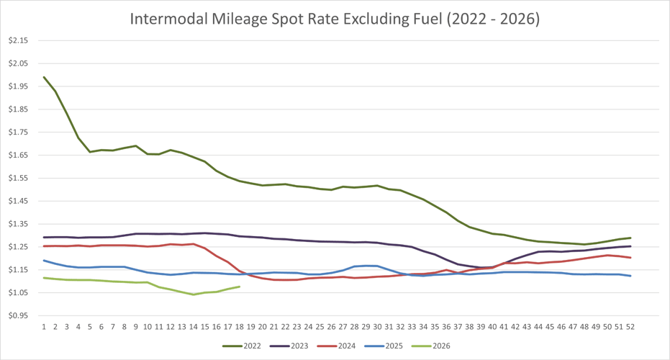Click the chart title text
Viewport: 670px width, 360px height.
point(335,19)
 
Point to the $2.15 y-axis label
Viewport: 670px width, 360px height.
point(18,40)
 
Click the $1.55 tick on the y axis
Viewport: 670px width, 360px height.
point(18,178)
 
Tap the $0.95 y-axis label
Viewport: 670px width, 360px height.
point(18,315)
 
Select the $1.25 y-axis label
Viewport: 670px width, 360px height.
point(18,247)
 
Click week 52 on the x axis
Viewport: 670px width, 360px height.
point(630,326)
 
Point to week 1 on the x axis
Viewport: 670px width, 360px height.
point(44,326)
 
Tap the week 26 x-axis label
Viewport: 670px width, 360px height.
point(331,326)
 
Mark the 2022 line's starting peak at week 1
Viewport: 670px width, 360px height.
point(44,77)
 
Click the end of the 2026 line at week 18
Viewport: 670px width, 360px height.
point(239,287)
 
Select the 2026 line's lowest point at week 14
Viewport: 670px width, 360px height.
point(193,294)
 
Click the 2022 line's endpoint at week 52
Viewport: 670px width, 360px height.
point(630,238)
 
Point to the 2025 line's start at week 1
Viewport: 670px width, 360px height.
point(44,261)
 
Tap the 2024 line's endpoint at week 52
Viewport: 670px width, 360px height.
point(630,258)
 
